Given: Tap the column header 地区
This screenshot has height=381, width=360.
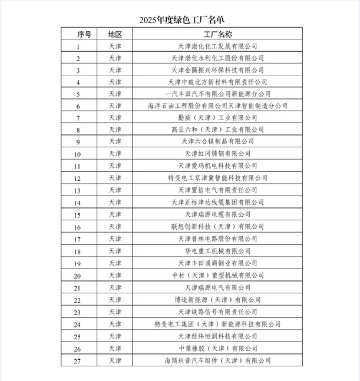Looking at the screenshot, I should pyautogui.click(x=115, y=34).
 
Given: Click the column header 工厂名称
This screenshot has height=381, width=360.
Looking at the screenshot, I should pyautogui.click(x=217, y=34).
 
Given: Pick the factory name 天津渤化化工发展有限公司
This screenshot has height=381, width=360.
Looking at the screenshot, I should pyautogui.click(x=217, y=46).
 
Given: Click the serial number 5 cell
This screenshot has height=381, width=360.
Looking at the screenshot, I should pyautogui.click(x=78, y=94).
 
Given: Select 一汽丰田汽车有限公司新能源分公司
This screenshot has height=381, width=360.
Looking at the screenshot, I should pyautogui.click(x=217, y=94).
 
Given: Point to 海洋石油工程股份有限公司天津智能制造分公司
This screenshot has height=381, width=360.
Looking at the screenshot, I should pyautogui.click(x=217, y=106).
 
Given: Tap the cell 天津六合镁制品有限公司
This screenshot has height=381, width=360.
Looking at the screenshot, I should pyautogui.click(x=217, y=141).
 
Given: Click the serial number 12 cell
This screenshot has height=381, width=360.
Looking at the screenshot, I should pyautogui.click(x=78, y=178).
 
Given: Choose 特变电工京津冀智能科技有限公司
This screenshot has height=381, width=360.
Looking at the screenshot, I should pyautogui.click(x=217, y=178).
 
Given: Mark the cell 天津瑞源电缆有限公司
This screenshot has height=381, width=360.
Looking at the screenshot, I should pyautogui.click(x=217, y=214).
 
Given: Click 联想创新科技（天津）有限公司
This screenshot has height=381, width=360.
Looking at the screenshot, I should pyautogui.click(x=217, y=227).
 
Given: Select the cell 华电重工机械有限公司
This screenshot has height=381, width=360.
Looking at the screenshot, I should pyautogui.click(x=217, y=251).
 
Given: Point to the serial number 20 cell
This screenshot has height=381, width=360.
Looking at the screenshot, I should pyautogui.click(x=78, y=276).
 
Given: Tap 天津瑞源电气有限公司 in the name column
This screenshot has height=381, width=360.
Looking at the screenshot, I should pyautogui.click(x=217, y=287).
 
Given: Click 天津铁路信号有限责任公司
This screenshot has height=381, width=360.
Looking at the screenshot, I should pyautogui.click(x=217, y=312).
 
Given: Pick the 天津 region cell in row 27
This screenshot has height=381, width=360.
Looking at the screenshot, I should pyautogui.click(x=115, y=360).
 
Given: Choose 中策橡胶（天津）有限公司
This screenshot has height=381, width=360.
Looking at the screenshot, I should pyautogui.click(x=217, y=348).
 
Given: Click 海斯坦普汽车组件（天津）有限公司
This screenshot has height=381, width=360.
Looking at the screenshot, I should pyautogui.click(x=217, y=360).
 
